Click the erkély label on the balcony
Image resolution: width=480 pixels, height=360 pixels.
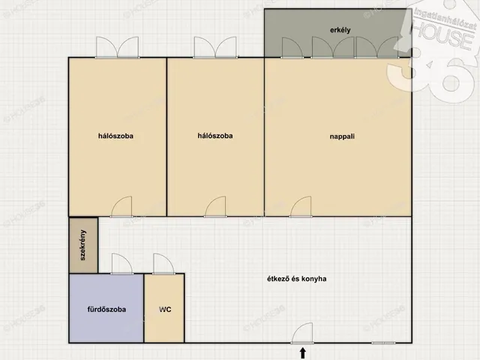(340, 30)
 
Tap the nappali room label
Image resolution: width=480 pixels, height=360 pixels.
(342, 136)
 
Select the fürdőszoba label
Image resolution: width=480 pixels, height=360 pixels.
(106, 309)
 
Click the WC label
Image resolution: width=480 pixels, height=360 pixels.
(165, 310)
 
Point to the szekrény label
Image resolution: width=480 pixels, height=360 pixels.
(82, 245)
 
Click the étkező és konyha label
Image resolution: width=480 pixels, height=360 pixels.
(297, 279)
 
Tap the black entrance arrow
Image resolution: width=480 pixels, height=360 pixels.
(303, 353)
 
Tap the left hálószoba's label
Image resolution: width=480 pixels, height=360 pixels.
(115, 136)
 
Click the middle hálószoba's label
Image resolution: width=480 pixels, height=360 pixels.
(215, 136)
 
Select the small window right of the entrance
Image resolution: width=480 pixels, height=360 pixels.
(383, 343)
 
